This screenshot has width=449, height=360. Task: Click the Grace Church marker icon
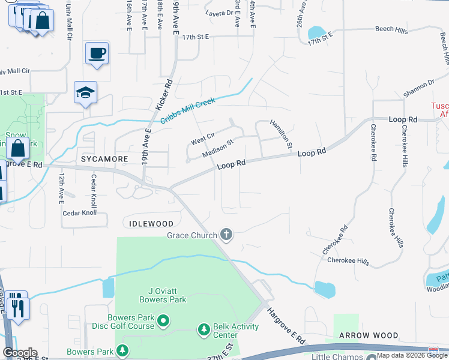pyautogui.click(x=226, y=235)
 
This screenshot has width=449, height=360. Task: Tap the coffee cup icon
pyautogui.click(x=97, y=53)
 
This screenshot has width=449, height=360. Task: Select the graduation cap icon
pyautogui.click(x=85, y=92)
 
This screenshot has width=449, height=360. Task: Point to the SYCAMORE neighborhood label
pyautogui.click(x=105, y=159)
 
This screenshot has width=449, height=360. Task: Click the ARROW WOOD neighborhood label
pyautogui.click(x=368, y=335)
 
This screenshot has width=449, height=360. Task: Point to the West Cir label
pyautogui.click(x=202, y=139)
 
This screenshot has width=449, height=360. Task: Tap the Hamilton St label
pyautogui.click(x=280, y=134)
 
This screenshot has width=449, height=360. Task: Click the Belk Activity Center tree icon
pyautogui.click(x=203, y=330)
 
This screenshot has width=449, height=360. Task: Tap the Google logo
pyautogui.click(x=20, y=353)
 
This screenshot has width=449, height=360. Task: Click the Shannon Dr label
pyautogui.click(x=418, y=88)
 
